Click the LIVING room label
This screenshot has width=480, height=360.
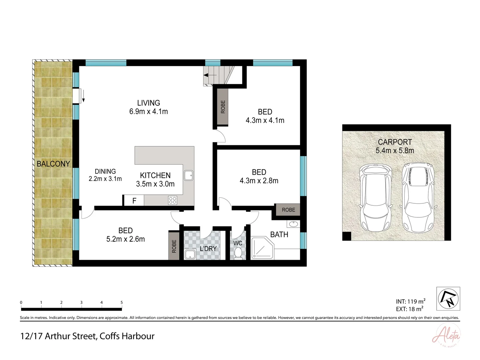(148, 103)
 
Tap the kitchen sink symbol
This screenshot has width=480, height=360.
(189, 175)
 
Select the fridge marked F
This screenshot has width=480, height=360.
(134, 201)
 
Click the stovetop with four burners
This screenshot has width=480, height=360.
(173, 200)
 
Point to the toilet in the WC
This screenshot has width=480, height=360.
(238, 254)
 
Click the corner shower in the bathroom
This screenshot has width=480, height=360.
(262, 248)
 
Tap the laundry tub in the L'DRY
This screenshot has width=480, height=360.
(191, 254)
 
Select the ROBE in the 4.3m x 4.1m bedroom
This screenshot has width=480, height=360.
(223, 107)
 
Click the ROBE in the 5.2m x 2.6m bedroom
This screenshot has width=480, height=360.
(174, 246)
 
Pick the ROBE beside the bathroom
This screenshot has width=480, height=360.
(288, 210)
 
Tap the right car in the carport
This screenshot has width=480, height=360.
(418, 198)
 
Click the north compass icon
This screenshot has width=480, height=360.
(448, 298)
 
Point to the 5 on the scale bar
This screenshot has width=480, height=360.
(122, 303)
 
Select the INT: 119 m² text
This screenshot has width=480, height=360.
(410, 302)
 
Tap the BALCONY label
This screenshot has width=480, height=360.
(53, 164)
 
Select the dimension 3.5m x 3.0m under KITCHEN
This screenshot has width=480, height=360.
(155, 184)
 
